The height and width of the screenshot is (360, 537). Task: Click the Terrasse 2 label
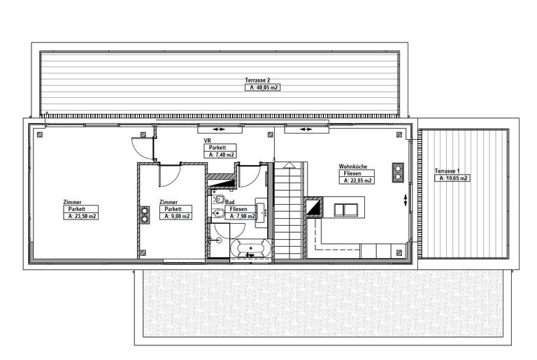pos(257,80)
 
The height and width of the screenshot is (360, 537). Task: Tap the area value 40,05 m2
pos(263,87)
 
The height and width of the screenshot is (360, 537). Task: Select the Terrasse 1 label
pos(447,171)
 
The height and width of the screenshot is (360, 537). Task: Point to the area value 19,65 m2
pos(453,178)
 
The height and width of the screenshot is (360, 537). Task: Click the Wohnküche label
pos(352,166)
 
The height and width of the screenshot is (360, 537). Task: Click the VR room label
pos(207,141)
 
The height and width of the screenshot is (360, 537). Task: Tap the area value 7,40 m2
pos(221,154)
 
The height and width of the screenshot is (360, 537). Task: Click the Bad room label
pos(230,203)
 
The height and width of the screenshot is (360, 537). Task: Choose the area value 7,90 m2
pos(243,216)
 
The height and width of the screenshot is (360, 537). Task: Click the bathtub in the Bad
pos(251,248)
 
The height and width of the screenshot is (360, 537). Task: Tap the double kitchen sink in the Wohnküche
pos(346,210)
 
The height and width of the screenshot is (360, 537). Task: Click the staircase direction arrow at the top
pos(289,165)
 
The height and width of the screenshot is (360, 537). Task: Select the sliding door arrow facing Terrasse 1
pos(406,200)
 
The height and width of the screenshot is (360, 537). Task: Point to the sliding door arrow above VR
pos(218,129)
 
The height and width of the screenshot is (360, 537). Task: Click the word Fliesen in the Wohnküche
pos(352,173)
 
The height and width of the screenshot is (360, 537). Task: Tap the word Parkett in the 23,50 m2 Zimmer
pos(77,209)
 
